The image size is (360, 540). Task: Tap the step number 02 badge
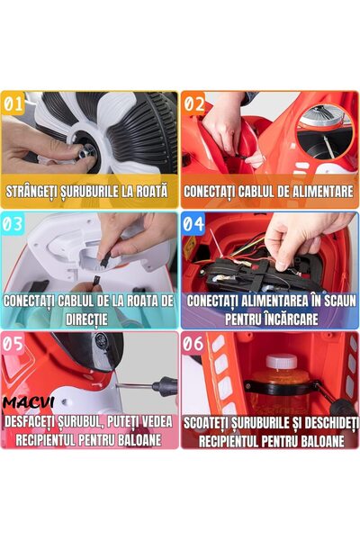tap(195, 102)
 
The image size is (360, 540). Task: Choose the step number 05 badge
tap(14, 343)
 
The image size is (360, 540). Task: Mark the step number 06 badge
tap(195, 343)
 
